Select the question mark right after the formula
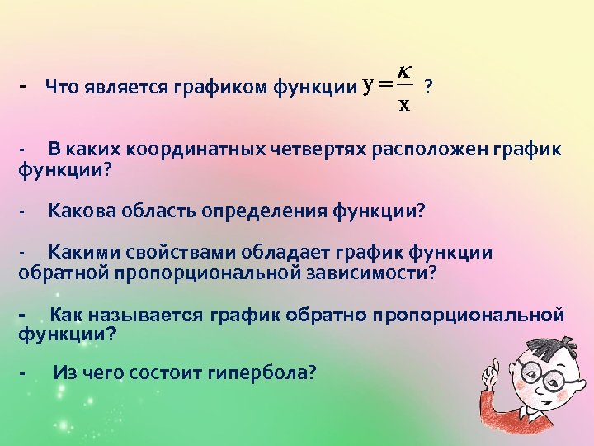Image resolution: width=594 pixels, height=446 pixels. (427, 85)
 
